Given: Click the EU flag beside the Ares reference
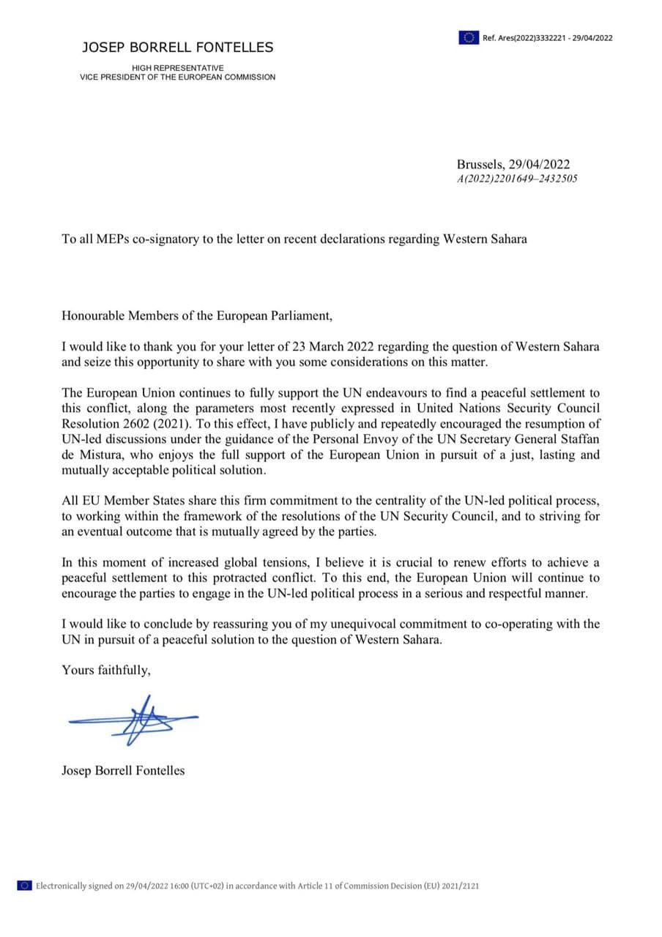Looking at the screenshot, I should click(469, 37).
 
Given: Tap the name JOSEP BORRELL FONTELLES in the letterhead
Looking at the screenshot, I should click(177, 48).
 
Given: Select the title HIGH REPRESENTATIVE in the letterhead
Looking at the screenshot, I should click(178, 68).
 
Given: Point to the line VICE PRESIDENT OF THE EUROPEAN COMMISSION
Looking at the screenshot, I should click(178, 77).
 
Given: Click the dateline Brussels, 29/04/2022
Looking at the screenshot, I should click(513, 165).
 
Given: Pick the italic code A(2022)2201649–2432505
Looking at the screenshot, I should click(517, 178).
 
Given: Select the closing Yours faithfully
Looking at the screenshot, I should click(106, 670).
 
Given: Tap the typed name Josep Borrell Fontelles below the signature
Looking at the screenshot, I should click(123, 770).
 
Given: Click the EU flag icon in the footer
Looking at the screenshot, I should click(24, 886).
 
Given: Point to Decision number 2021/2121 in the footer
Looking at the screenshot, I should click(462, 886).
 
